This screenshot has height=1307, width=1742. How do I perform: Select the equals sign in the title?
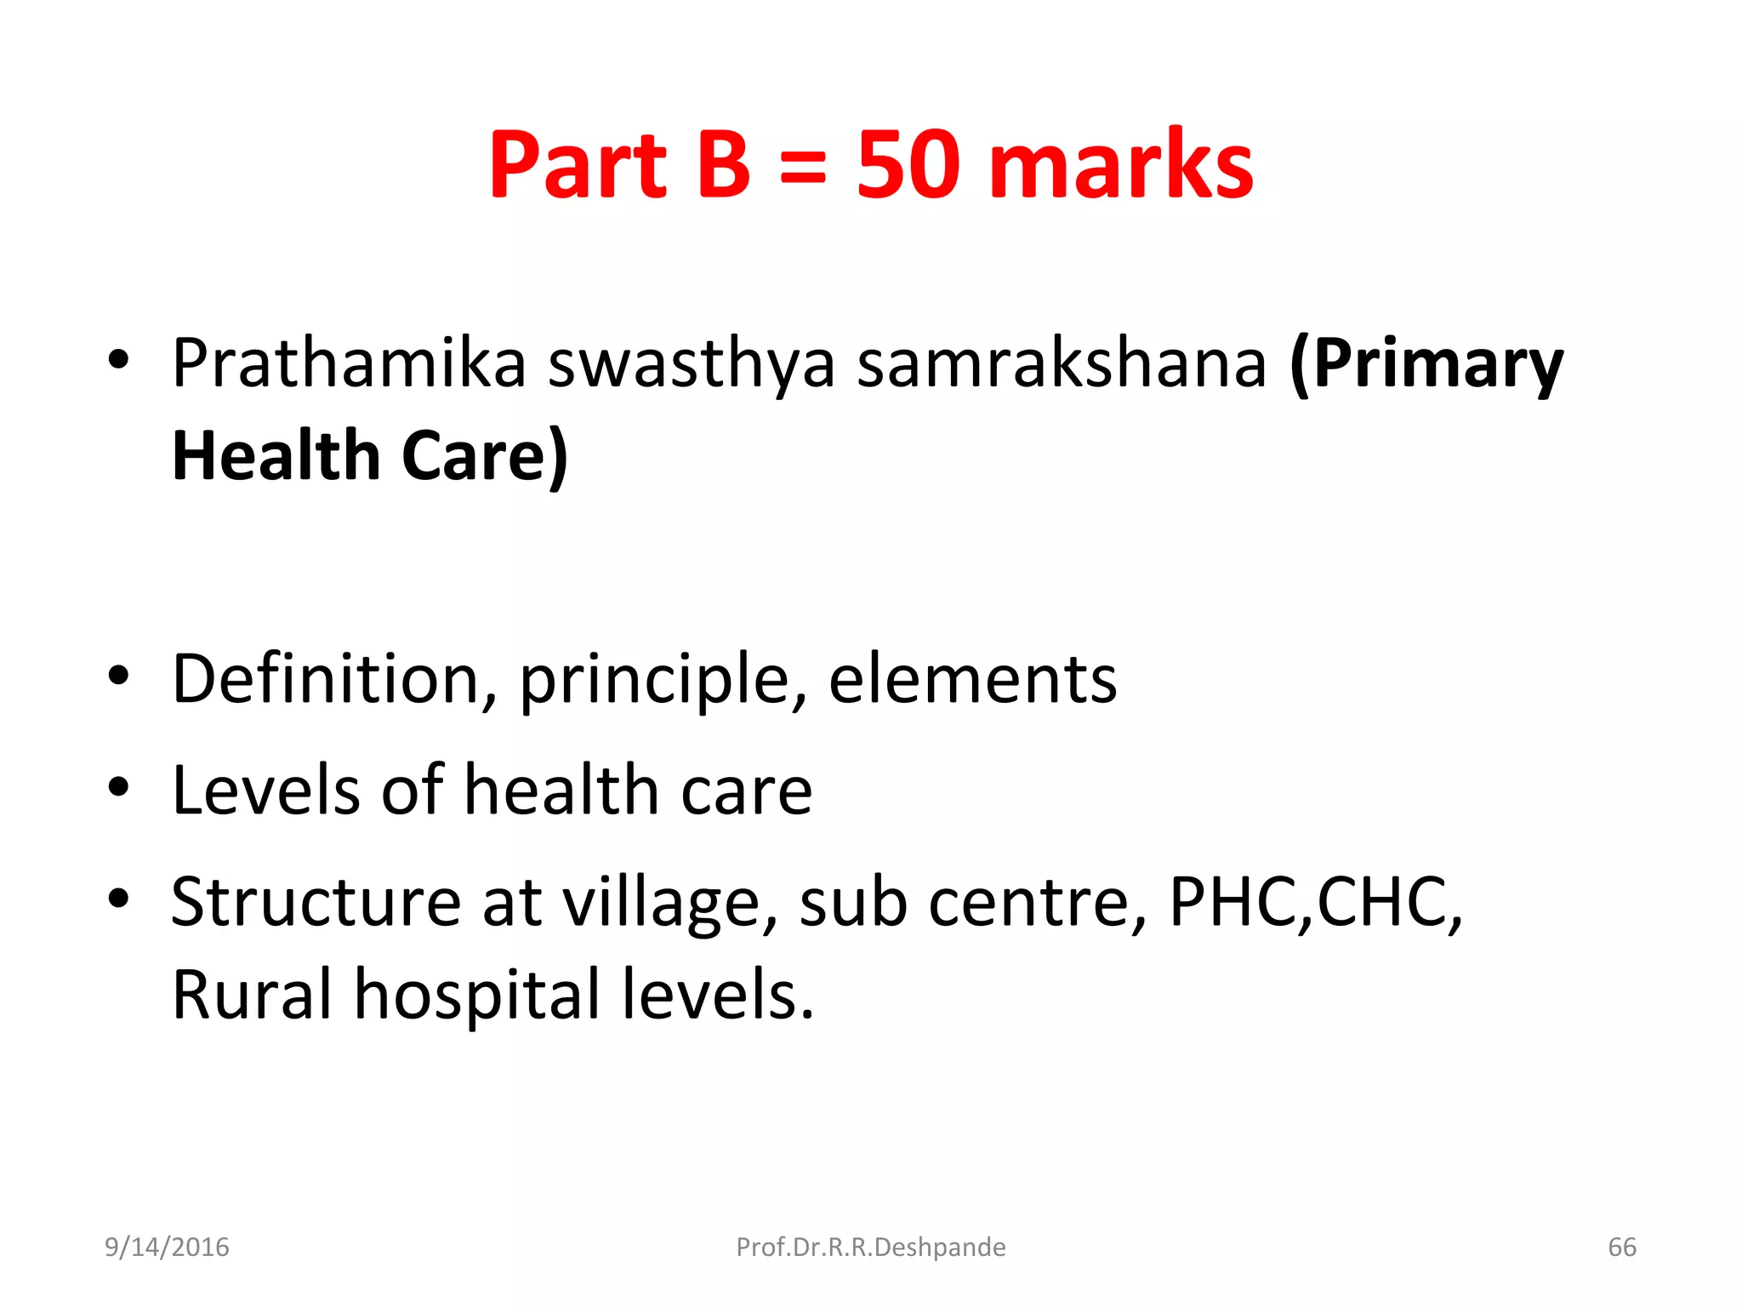pos(802,166)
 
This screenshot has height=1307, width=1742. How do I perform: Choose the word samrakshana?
pos(1062,363)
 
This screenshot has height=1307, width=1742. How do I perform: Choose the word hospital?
pos(477,996)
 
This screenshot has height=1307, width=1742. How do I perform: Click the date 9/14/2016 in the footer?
pos(167,1247)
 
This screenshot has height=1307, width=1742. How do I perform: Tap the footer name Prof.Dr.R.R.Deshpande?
pos(870,1247)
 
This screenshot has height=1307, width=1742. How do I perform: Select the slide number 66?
pos(1621,1247)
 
